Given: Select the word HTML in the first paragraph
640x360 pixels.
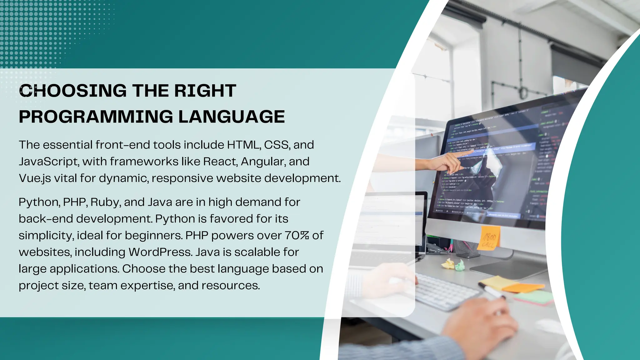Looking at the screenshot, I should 243,145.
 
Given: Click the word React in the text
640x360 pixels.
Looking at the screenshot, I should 220,162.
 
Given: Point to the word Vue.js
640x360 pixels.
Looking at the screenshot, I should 35,178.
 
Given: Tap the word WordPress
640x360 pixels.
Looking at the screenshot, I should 160,252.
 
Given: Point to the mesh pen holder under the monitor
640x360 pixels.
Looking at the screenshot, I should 467,248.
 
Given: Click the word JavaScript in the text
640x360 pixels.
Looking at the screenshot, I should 48,162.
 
